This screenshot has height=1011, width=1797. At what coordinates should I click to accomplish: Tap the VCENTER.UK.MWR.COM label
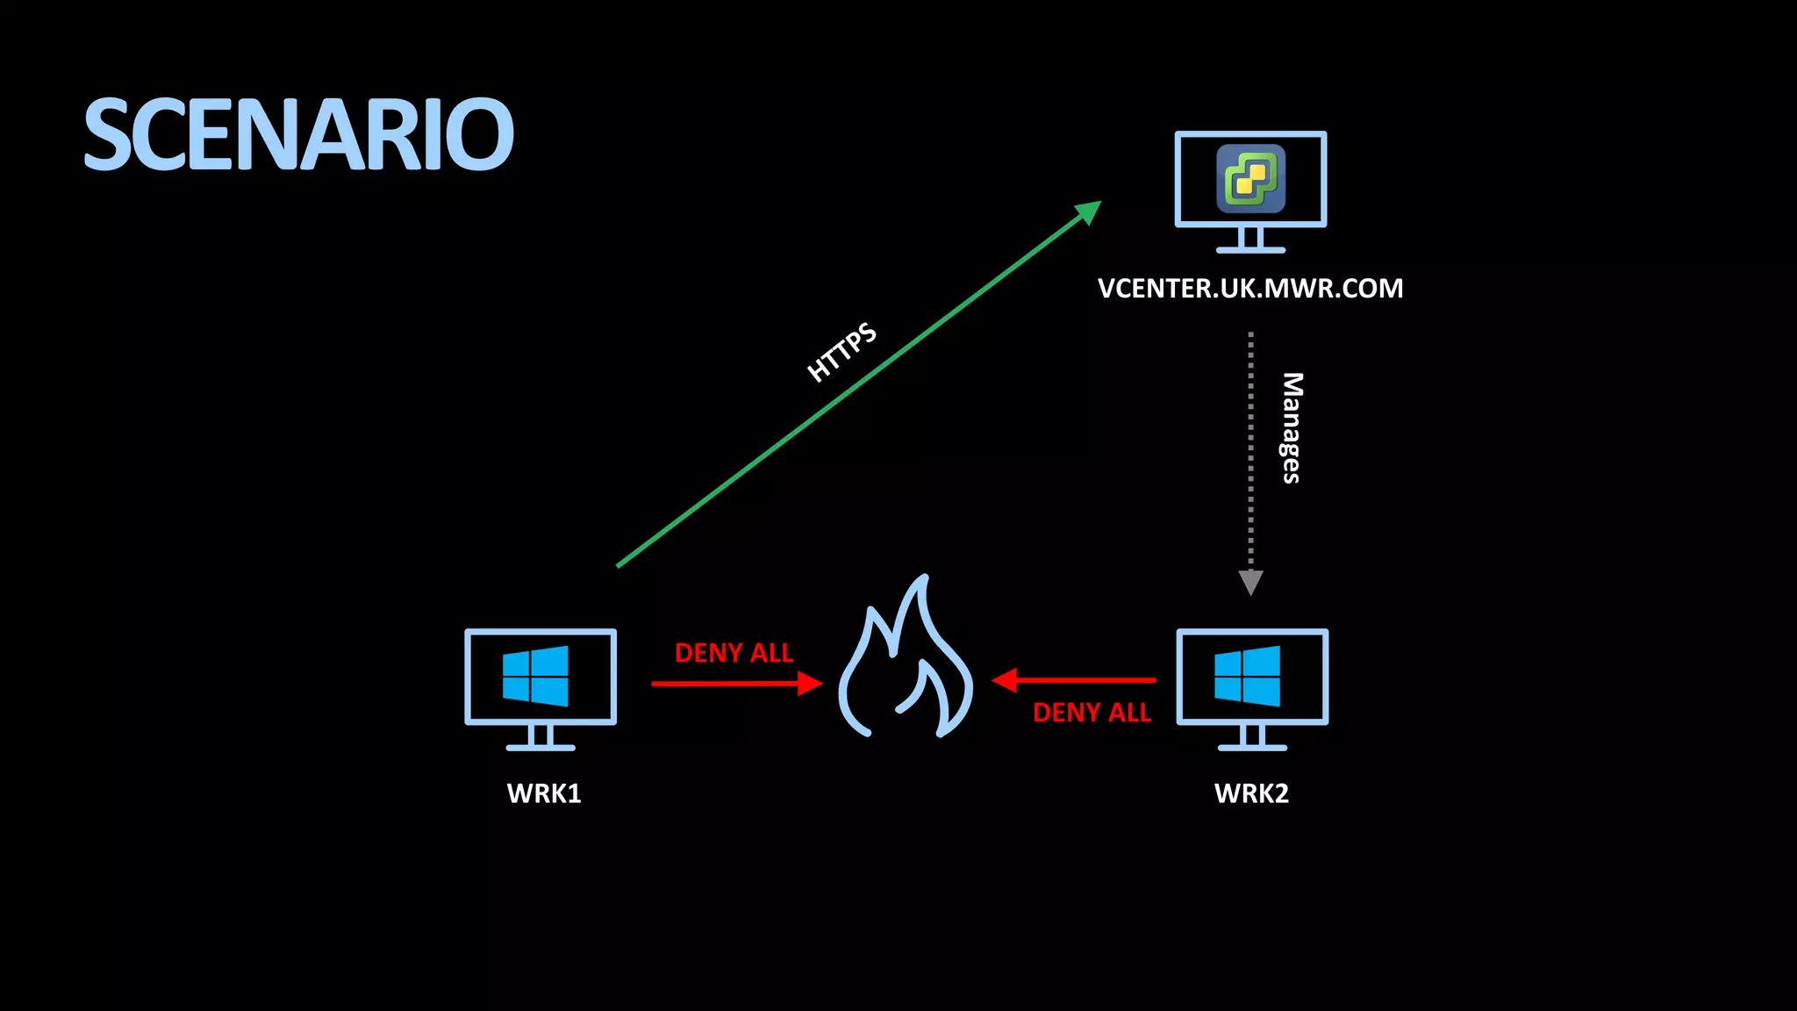pos(1250,289)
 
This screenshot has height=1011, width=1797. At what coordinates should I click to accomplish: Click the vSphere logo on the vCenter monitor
pos(1250,179)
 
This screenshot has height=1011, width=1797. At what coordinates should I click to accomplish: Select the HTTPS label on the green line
pos(841,352)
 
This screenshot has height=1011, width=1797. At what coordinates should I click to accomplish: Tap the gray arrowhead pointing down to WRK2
pos(1250,582)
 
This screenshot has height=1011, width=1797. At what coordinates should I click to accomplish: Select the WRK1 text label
pos(544,793)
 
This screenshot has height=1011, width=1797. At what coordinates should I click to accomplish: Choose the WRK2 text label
pos(1251,793)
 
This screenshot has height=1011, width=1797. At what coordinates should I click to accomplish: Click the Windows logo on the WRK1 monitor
pos(536,676)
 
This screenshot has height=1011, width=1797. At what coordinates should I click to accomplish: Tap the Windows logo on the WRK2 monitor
pos(1248,676)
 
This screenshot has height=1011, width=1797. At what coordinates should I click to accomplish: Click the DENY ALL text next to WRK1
pos(734,653)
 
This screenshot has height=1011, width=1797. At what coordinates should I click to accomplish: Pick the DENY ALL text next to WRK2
pos(1092,713)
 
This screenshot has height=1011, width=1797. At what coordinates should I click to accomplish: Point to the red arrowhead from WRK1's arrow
pos(809,684)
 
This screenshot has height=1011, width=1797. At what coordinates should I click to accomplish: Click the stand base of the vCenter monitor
pos(1250,250)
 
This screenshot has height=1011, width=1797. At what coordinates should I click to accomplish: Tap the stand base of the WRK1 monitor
pos(541,748)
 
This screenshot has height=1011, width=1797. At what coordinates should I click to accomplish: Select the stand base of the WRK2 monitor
pos(1252,748)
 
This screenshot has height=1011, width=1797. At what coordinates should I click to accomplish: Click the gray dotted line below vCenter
pos(1250,448)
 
